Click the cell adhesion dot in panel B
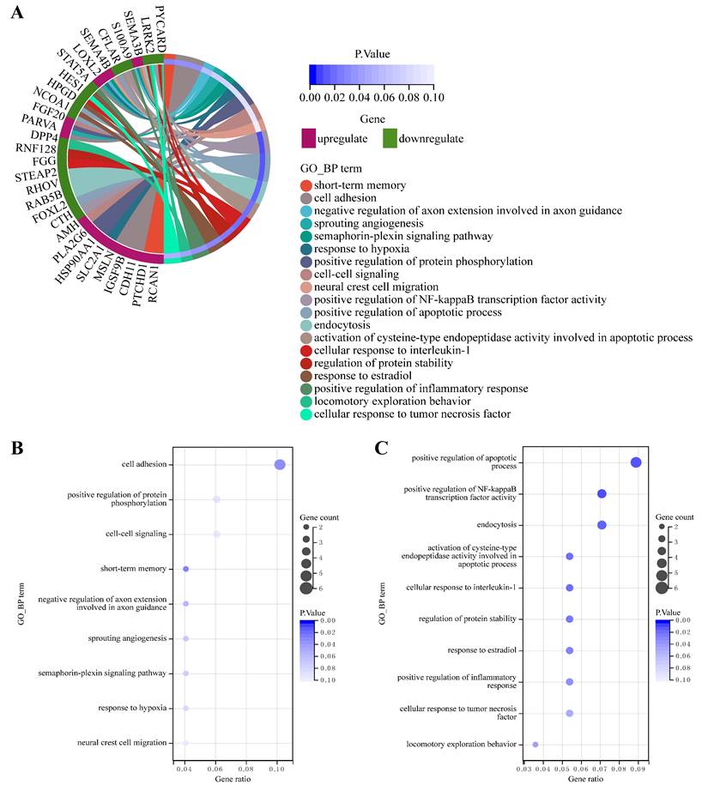[x=279, y=464]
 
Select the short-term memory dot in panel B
[x=185, y=569]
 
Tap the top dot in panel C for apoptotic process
[x=636, y=462]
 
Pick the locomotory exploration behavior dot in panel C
[x=536, y=745]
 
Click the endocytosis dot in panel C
[x=602, y=525]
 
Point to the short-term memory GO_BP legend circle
[x=306, y=185]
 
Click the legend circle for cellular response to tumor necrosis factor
[x=306, y=414]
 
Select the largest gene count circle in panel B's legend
[x=307, y=588]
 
